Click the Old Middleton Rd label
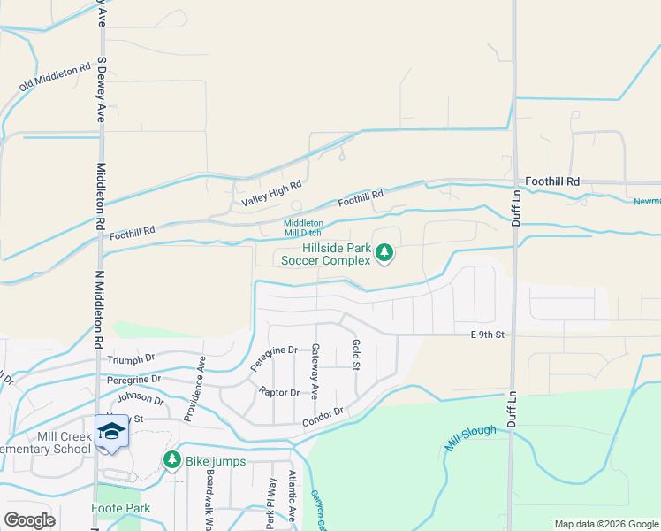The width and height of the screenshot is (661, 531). coord(56,77)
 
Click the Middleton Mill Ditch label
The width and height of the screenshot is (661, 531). coord(303,228)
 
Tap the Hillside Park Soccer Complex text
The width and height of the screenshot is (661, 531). coord(325,255)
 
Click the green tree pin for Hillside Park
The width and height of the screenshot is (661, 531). coord(384,254)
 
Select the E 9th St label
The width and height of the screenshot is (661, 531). coord(487,335)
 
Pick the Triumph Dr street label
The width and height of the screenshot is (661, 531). coord(131,358)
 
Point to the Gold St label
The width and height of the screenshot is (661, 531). coord(356,355)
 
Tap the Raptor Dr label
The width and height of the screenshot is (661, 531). coord(279,392)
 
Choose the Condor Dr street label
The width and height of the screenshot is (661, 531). coord(322,414)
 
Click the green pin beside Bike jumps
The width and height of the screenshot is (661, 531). coord(172,460)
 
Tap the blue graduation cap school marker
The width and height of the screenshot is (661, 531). coord(112,432)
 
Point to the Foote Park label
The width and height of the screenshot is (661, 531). coord(120,508)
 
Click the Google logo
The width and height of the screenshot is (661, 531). coord(30,520)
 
